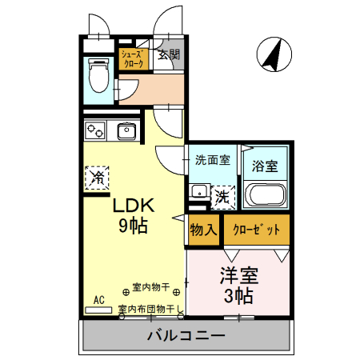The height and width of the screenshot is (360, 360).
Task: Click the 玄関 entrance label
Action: pos(168,55)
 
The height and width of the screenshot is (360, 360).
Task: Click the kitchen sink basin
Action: pos(127,130)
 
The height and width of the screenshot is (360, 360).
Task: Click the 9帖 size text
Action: pos(133,226)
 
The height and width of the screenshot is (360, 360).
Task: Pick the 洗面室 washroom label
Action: pos(212,159)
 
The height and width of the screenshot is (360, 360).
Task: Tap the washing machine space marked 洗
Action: pos(222,194)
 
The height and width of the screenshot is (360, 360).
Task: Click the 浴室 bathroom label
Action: pos(265,166)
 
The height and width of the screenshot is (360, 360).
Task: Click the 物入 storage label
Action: pos(203,230)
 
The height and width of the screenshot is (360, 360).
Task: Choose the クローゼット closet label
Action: pos(256,230)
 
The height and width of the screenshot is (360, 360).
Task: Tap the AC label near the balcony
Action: pos(99,300)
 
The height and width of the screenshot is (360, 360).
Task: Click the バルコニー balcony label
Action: pos(186,335)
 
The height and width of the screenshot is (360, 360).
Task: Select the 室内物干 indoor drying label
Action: pos(150,287)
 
